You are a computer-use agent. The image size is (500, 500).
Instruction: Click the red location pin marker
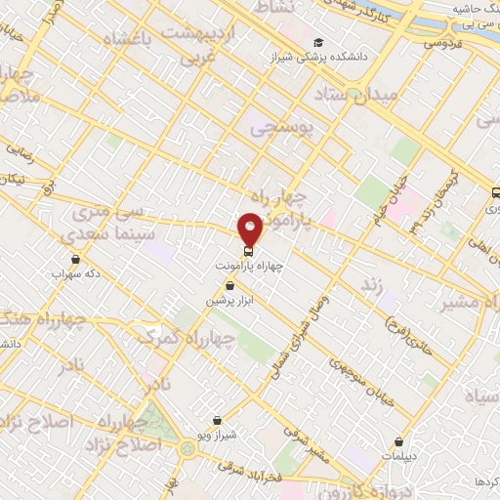coord(251,229)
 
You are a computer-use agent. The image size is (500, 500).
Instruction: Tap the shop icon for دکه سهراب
coord(76,259)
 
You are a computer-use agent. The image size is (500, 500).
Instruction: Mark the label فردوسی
coord(441,43)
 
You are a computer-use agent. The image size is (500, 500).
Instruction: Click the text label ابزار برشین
coord(221,301)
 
